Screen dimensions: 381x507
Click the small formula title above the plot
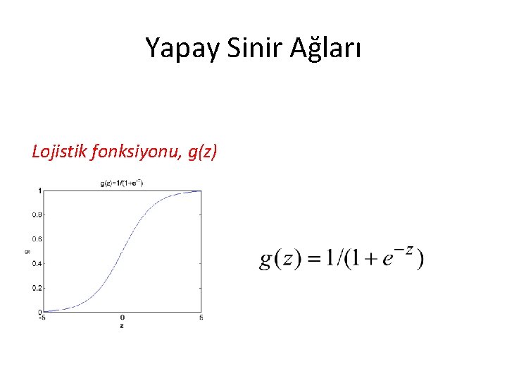[x=122, y=183]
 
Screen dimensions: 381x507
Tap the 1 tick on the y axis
[x=39, y=190]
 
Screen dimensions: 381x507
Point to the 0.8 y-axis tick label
[x=36, y=214]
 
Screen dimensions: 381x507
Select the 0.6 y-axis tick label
[x=36, y=239]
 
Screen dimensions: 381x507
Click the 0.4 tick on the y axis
[x=36, y=263]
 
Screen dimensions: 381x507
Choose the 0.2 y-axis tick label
[x=36, y=288]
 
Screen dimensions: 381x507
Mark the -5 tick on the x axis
[x=42, y=318]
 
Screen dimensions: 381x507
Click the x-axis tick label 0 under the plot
[x=122, y=318]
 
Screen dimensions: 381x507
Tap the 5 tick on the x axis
[x=201, y=318]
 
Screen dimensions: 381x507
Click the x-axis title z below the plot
[x=122, y=327]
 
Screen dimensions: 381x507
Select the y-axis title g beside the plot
[x=25, y=250]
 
